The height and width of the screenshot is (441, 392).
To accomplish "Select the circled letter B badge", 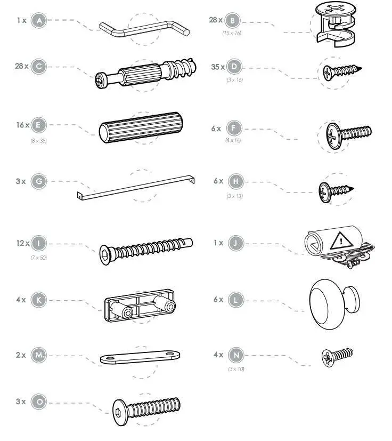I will pyautogui.click(x=232, y=20).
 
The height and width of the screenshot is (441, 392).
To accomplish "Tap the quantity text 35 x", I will pyautogui.click(x=217, y=67).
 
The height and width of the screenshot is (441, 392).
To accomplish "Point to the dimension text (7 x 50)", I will pyautogui.click(x=38, y=258).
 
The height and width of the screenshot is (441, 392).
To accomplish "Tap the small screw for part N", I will pyautogui.click(x=337, y=355).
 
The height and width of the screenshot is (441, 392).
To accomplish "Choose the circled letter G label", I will pyautogui.click(x=38, y=181).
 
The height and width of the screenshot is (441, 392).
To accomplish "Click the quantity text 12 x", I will pyautogui.click(x=22, y=244).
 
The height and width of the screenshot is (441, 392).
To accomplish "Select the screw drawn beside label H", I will pyautogui.click(x=336, y=190).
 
